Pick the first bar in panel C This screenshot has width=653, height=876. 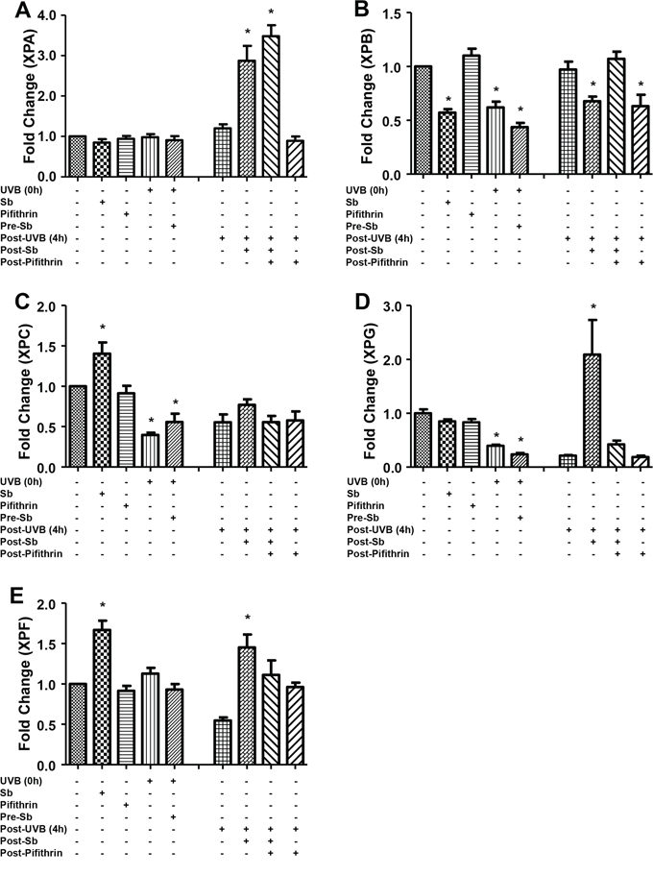(78, 426)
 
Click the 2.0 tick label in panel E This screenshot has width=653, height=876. (48, 604)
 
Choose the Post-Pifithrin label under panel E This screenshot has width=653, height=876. (38, 853)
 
